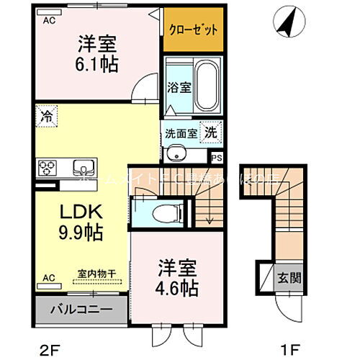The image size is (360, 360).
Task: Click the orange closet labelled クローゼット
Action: point(193,30)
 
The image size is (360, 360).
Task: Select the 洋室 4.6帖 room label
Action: point(174,278)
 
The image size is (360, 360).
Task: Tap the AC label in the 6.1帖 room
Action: point(49,20)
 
